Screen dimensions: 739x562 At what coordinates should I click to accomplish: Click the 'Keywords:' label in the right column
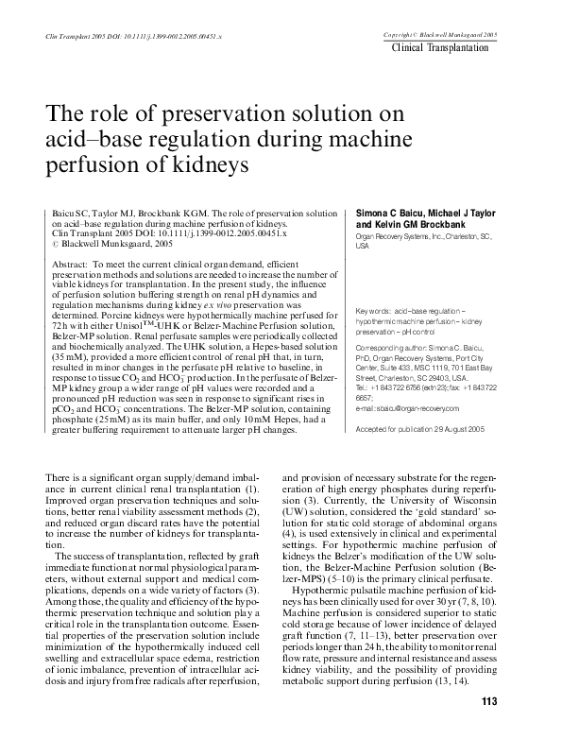click(x=378, y=311)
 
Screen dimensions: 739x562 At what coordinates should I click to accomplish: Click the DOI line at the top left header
click(x=121, y=36)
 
